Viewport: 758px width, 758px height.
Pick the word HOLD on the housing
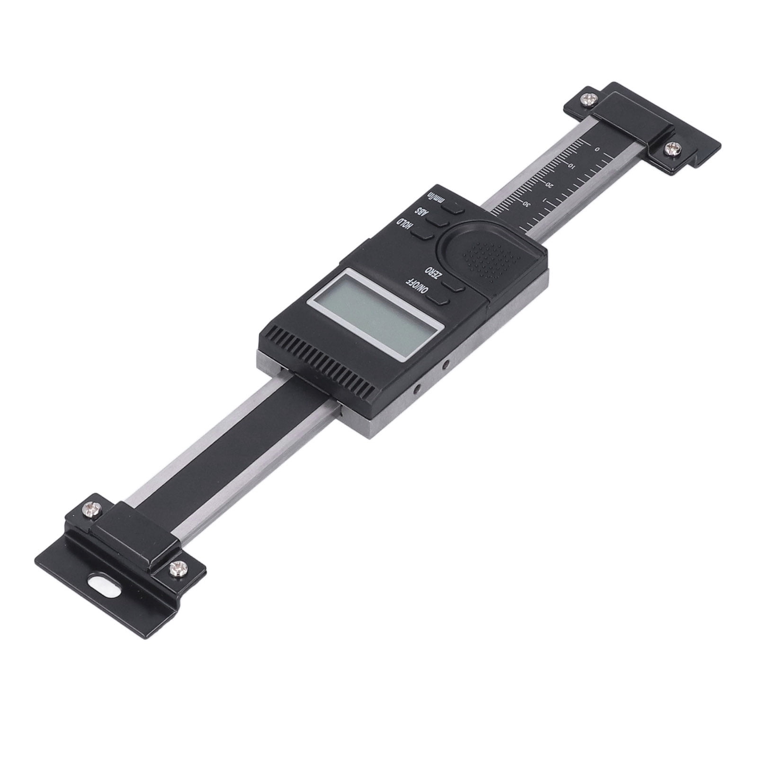pos(405,226)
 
